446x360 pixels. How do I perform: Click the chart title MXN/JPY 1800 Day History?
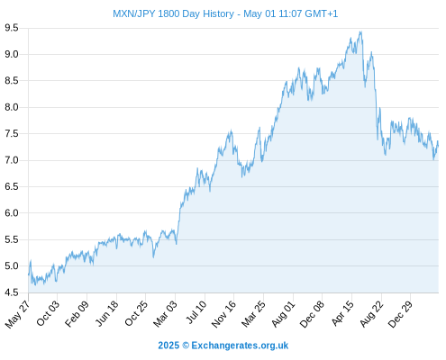(173, 13)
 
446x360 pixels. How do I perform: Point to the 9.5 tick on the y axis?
(12, 28)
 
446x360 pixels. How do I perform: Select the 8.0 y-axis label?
(12, 107)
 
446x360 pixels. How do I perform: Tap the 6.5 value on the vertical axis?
(12, 186)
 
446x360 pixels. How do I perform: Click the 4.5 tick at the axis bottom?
(12, 292)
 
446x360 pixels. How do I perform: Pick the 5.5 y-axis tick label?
(12, 239)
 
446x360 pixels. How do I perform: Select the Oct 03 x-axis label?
(48, 313)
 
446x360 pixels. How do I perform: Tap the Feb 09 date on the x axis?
(77, 313)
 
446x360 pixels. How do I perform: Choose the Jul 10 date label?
(196, 312)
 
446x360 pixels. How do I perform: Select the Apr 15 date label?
(342, 313)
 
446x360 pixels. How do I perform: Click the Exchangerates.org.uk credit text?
(240, 346)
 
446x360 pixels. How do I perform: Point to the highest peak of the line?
(361, 31)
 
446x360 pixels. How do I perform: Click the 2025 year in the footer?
(168, 346)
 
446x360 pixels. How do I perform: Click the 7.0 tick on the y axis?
(12, 160)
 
